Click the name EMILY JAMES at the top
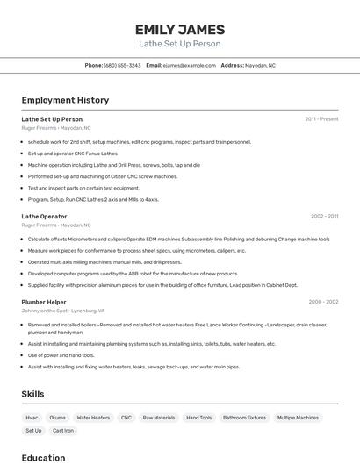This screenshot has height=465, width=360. click(x=180, y=29)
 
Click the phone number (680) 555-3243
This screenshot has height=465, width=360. click(x=122, y=65)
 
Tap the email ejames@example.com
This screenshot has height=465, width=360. click(x=189, y=65)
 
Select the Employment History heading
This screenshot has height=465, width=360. click(x=65, y=100)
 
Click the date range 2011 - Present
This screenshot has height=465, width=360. click(x=321, y=118)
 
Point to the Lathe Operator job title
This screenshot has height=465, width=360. click(x=44, y=216)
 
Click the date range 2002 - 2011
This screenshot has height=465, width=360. click(x=324, y=216)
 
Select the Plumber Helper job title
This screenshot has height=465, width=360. click(x=44, y=302)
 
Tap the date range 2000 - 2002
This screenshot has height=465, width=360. click(x=323, y=302)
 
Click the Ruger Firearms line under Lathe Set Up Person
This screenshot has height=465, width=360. click(x=56, y=128)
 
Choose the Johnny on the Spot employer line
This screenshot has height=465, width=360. click(x=63, y=311)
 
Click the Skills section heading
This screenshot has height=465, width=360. click(x=32, y=394)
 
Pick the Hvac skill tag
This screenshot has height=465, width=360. click(x=32, y=418)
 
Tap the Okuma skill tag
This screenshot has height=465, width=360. click(x=57, y=418)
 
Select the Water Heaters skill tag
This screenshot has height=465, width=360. click(x=93, y=418)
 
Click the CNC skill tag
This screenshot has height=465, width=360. click(x=126, y=418)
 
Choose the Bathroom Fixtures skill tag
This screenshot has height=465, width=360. click(x=244, y=418)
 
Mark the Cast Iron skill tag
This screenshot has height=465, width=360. click(x=63, y=431)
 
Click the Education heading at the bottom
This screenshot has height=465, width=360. click(x=43, y=457)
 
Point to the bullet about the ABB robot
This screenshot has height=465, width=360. click(x=133, y=273)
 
